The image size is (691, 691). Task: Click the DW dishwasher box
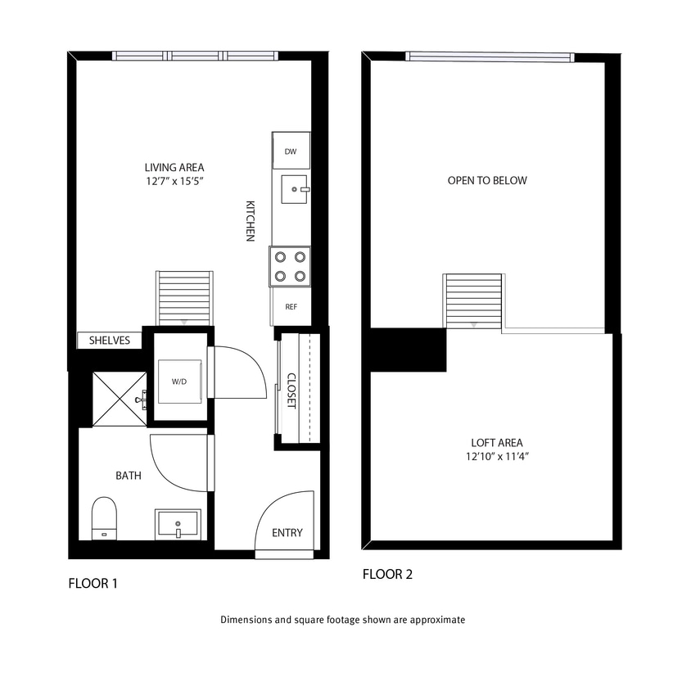291,152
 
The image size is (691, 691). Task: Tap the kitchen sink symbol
291,189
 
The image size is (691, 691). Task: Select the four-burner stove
291,266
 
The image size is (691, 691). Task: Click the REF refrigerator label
291,307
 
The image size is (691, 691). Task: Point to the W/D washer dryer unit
179,382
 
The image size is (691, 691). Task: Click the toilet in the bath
103,517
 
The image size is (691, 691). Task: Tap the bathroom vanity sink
178,524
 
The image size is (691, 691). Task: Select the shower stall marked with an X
119,399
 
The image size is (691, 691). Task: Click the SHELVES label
110,341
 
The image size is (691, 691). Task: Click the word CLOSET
291,391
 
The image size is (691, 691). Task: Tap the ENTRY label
287,533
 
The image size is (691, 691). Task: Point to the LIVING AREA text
174,168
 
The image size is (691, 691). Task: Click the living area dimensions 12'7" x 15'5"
174,182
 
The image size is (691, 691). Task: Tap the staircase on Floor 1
184,299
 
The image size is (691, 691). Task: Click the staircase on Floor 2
472,301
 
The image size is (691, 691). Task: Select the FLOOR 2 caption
387,575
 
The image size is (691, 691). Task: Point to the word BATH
129,475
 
